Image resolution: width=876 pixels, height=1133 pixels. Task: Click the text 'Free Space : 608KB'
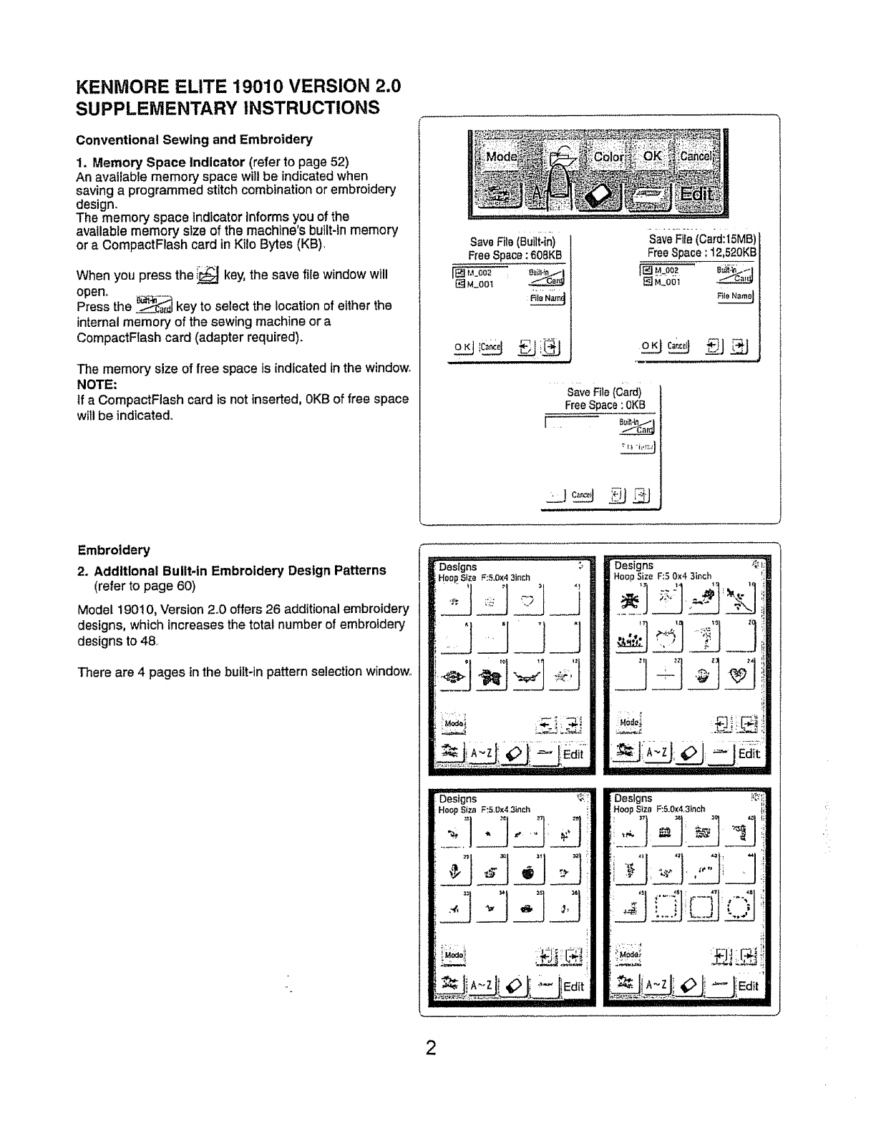point(515,255)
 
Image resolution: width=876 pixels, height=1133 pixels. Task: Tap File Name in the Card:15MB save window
point(736,295)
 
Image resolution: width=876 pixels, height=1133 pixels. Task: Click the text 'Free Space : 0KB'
point(605,405)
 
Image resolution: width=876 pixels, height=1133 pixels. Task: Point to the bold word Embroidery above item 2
point(114,550)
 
